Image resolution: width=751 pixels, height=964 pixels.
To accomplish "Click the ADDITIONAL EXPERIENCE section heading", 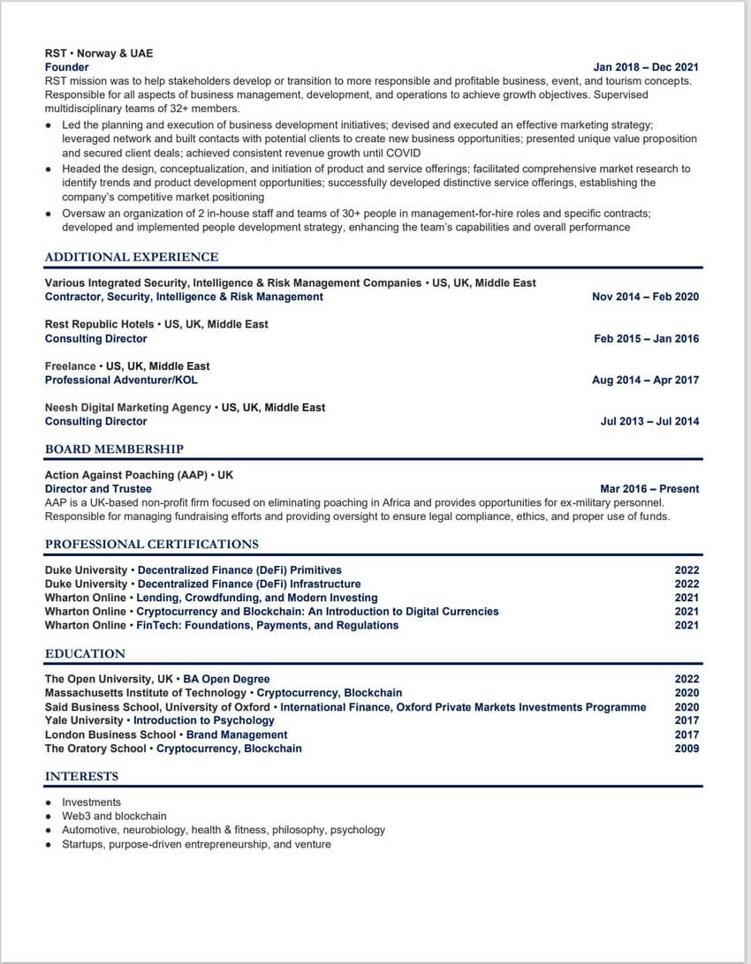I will [x=132, y=257].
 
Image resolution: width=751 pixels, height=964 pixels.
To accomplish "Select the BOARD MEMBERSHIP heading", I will [x=115, y=449].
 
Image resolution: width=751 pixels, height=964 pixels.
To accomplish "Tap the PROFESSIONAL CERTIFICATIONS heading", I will [x=152, y=544].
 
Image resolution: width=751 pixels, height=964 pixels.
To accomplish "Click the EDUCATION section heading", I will [x=86, y=654].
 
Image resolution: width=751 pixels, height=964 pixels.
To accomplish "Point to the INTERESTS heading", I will [x=82, y=777].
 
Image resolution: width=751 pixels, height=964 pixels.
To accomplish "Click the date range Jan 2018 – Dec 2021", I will [x=646, y=67].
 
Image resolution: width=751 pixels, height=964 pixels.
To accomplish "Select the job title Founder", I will [x=67, y=67].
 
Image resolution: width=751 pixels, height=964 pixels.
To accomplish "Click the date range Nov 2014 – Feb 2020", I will [x=645, y=297].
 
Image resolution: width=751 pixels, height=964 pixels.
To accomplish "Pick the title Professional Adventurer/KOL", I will [x=121, y=380].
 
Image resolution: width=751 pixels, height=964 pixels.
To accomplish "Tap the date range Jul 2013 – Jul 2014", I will [x=649, y=421].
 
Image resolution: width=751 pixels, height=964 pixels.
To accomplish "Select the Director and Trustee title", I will [x=98, y=488].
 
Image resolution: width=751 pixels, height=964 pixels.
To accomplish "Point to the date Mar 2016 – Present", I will [x=649, y=488].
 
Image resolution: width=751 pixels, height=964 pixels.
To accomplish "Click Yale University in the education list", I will [x=84, y=720].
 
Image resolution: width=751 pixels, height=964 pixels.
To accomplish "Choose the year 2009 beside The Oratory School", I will [x=687, y=749].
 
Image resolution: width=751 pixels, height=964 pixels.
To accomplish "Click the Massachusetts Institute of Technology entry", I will [x=146, y=693].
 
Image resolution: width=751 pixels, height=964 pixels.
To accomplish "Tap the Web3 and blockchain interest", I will [x=114, y=817].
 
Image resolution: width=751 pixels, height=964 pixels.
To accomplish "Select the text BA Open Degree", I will [x=226, y=679].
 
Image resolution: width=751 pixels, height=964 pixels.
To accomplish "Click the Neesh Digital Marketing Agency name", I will [x=128, y=407].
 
